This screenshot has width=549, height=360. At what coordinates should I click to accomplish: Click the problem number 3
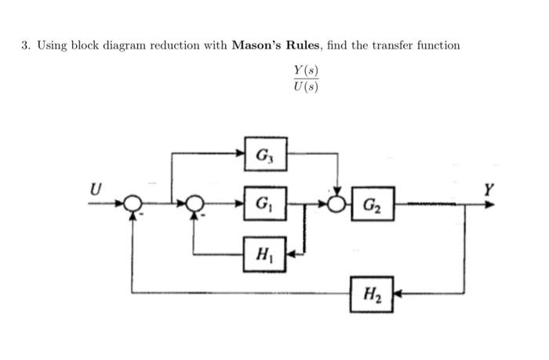pos(25,45)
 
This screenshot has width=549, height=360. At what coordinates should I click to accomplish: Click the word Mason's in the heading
pos(259,45)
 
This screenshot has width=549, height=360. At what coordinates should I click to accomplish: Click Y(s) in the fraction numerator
pos(306,71)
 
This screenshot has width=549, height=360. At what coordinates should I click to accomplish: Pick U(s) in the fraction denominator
pos(306,86)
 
